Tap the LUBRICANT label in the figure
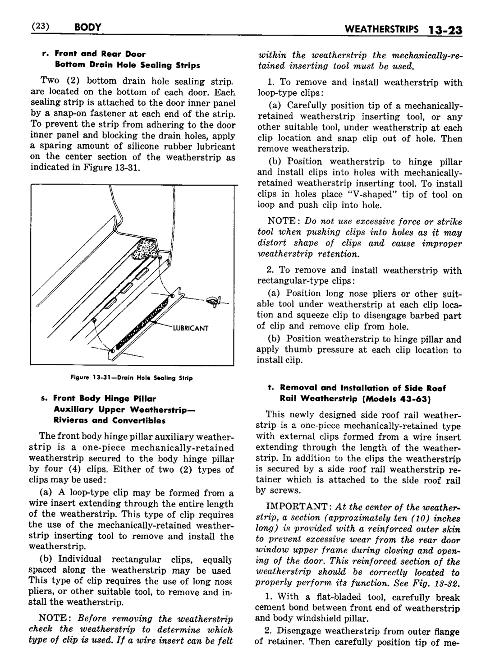point(191,328)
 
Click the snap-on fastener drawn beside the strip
point(212,299)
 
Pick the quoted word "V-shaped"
point(371,194)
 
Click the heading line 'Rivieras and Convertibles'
point(109,421)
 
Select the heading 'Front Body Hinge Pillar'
point(105,399)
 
